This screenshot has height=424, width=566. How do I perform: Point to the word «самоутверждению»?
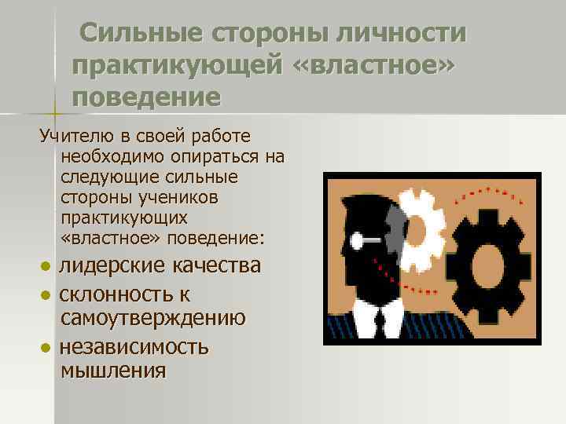(x=153, y=319)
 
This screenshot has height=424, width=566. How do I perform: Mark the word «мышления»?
(x=112, y=371)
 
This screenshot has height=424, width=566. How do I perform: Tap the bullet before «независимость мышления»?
(x=46, y=348)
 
